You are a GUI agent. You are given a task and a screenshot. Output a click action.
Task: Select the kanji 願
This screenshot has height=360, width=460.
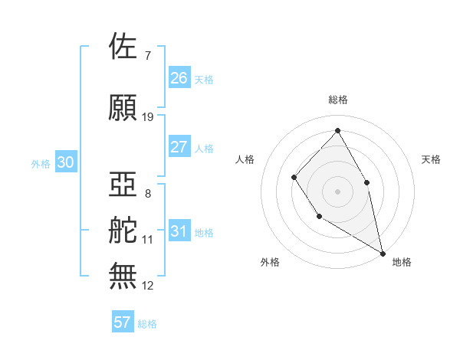pyautogui.click(x=123, y=108)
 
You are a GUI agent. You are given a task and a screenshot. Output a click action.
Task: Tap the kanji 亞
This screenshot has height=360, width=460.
pyautogui.click(x=123, y=185)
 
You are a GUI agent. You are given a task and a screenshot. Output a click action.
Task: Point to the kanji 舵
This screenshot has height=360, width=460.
pyautogui.click(x=123, y=231)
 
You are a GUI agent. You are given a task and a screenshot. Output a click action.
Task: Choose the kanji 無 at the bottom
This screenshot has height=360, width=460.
pyautogui.click(x=123, y=277)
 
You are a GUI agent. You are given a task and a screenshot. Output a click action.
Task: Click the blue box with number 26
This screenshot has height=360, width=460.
pyautogui.click(x=179, y=78)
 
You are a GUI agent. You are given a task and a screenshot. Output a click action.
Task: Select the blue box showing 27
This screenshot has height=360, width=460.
pyautogui.click(x=179, y=147)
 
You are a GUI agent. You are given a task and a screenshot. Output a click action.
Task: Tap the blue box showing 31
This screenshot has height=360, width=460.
pyautogui.click(x=179, y=232)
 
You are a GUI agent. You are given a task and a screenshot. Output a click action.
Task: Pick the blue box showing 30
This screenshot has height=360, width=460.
pyautogui.click(x=65, y=162)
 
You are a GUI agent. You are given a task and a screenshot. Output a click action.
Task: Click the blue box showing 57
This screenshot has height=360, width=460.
pyautogui.click(x=123, y=322)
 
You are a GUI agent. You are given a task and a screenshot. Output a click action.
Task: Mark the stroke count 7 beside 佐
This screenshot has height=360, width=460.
pyautogui.click(x=147, y=56)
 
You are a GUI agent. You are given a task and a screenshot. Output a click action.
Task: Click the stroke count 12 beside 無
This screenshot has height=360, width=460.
pyautogui.click(x=148, y=286)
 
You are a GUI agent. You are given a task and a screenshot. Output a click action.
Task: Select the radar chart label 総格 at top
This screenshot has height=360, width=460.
pyautogui.click(x=337, y=100)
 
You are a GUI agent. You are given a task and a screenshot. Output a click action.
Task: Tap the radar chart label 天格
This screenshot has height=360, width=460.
pyautogui.click(x=431, y=159)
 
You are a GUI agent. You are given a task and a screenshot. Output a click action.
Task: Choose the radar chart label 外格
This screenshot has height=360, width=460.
pyautogui.click(x=270, y=262)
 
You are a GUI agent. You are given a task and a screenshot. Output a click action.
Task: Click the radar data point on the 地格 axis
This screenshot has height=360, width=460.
pyautogui.click(x=383, y=252)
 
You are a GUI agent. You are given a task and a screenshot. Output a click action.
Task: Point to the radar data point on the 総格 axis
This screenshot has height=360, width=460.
pyautogui.click(x=337, y=130)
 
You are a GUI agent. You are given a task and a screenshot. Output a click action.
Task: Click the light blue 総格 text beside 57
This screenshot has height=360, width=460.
pyautogui.click(x=147, y=324)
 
